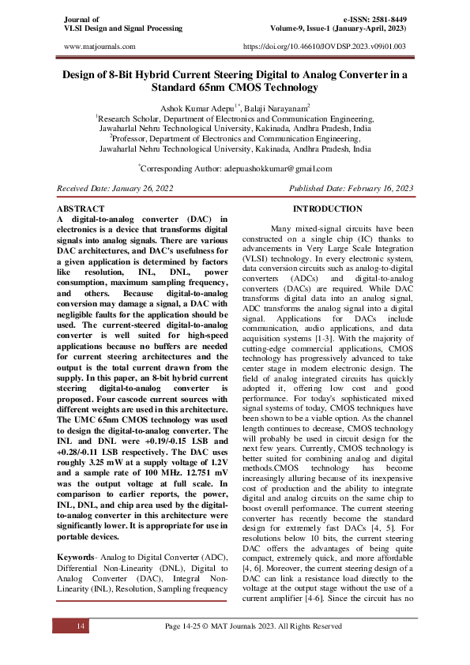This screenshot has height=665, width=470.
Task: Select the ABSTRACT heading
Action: coord(81,208)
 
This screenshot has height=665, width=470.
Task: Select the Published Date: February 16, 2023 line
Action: coord(352,189)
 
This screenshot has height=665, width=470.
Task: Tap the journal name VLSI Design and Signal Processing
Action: coord(117,28)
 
